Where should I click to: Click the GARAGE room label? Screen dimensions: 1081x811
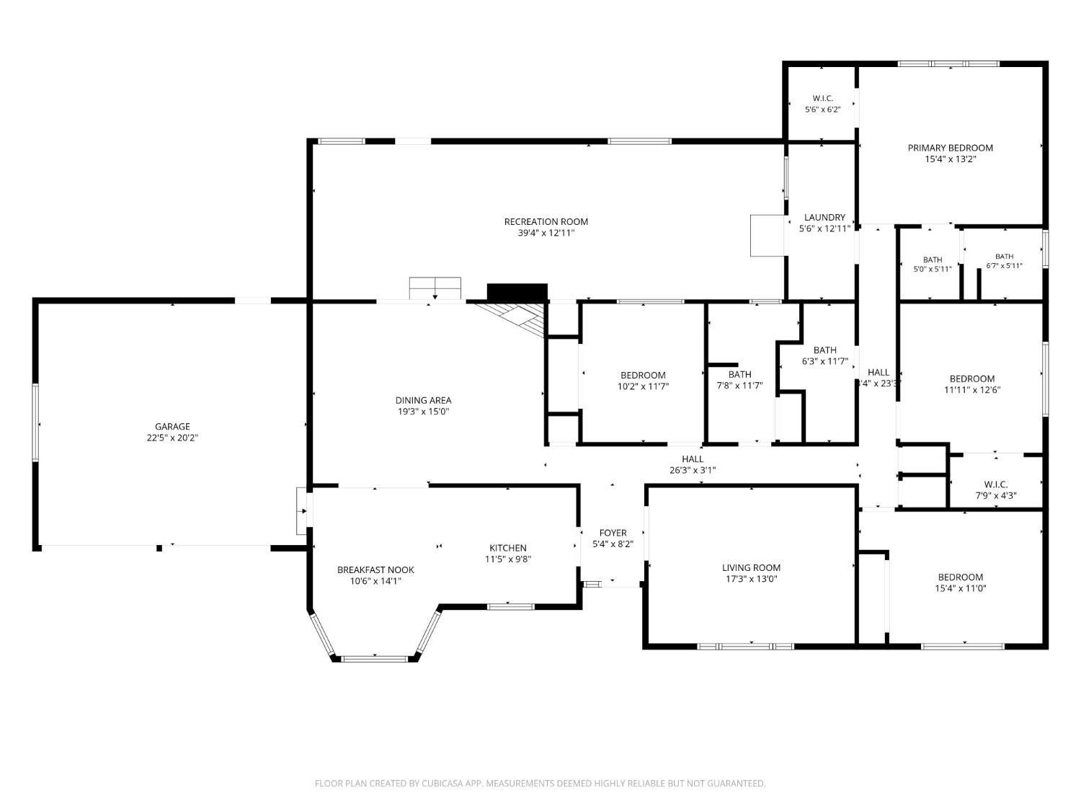172,427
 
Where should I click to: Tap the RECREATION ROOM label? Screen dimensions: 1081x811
546,221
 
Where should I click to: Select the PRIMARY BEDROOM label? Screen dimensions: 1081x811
950,148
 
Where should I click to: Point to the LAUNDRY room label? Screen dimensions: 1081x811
824,217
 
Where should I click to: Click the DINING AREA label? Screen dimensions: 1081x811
423,400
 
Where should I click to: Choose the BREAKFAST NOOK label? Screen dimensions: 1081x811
375,570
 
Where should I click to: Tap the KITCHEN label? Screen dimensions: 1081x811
508,548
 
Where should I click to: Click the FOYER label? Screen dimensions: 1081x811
613,533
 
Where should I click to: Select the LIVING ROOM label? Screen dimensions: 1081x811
751,568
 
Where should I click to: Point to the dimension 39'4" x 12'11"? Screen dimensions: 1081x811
546,233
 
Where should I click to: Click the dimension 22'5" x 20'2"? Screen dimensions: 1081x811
172,438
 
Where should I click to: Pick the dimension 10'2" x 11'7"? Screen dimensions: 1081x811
643,386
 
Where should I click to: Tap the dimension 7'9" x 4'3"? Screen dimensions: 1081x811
996,496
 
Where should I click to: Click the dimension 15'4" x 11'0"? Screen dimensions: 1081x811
961,588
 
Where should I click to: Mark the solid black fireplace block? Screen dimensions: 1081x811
517,293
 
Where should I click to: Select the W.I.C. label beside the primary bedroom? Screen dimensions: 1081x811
822,99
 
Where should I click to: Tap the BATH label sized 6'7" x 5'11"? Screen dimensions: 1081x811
1004,257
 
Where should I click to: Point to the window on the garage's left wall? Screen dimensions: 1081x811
35,423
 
